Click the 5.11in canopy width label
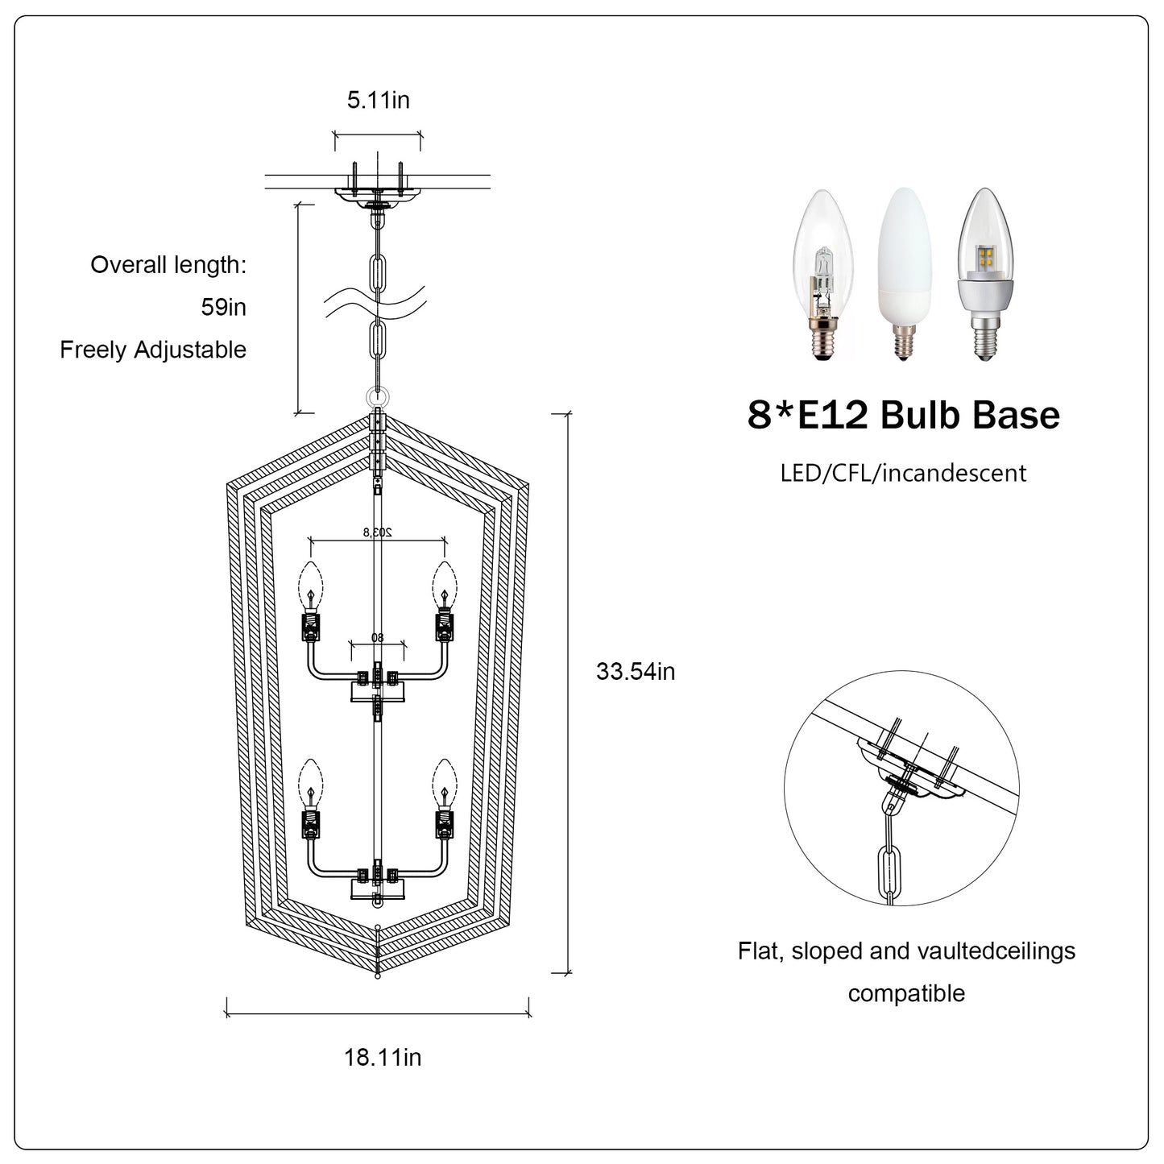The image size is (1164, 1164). tap(378, 100)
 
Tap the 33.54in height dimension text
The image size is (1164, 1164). tap(636, 672)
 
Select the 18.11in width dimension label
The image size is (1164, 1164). tap(383, 1057)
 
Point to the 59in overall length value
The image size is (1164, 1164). tap(223, 308)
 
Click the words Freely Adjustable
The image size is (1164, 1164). tap(153, 350)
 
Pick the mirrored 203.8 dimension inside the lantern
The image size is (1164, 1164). tap(378, 532)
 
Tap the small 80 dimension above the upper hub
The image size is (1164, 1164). tap(378, 637)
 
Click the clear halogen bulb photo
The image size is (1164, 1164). tap(822, 275)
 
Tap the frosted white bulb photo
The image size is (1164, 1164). tap(904, 274)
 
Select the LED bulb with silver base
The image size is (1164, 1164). tap(984, 274)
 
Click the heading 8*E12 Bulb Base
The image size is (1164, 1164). tap(904, 415)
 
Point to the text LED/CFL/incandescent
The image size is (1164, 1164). tap(903, 473)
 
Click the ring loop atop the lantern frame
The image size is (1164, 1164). tap(378, 397)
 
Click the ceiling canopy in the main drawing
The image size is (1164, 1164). tap(378, 194)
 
